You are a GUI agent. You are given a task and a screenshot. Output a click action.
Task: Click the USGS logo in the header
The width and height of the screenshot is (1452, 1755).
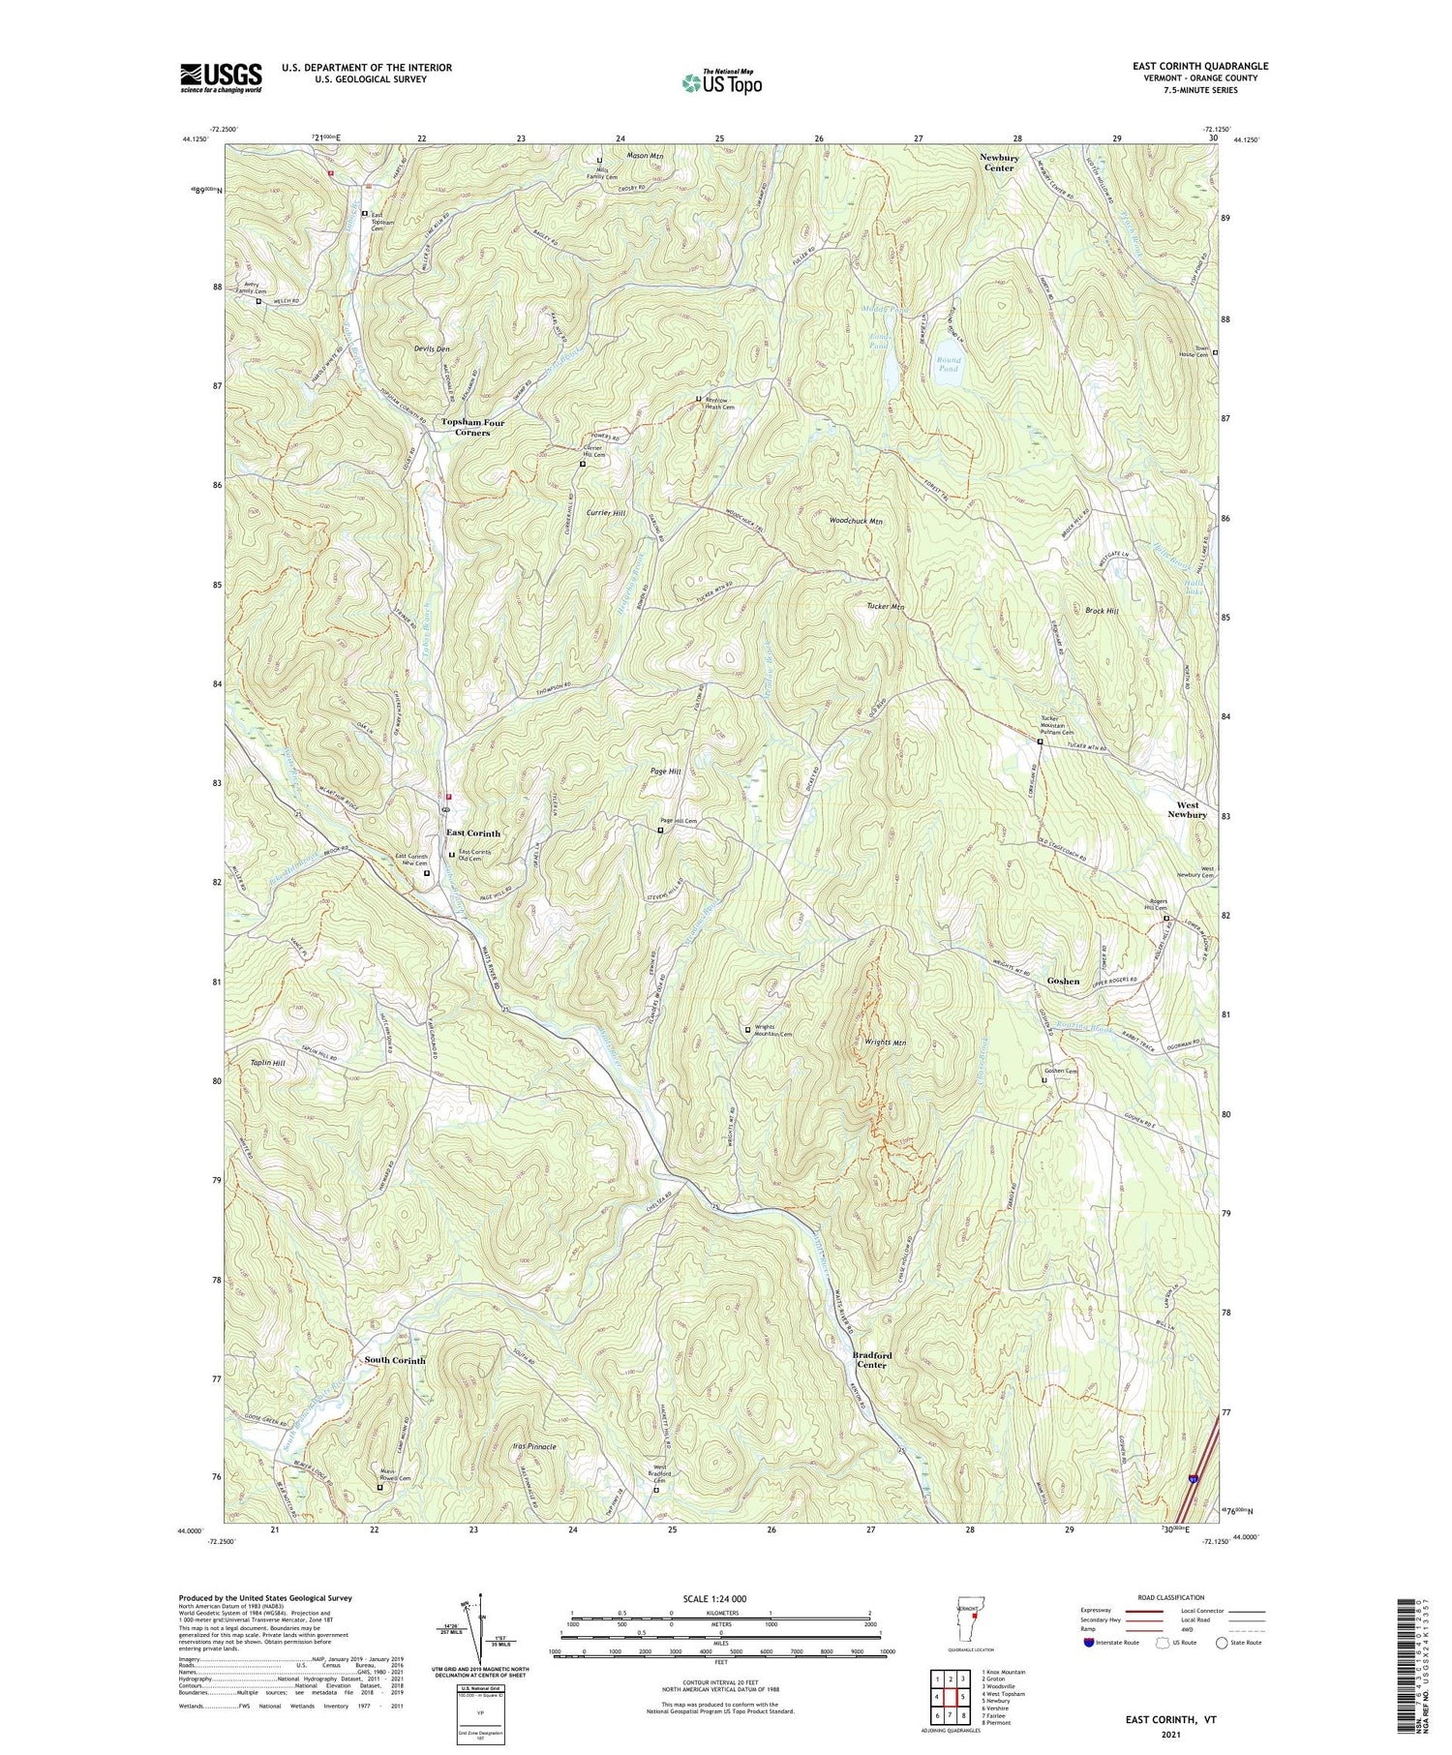(x=221, y=77)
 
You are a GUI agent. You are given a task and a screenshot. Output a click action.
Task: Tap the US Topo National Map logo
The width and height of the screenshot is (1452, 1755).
(x=722, y=82)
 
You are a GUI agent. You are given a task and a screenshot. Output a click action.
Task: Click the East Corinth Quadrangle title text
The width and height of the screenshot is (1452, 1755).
(x=1187, y=66)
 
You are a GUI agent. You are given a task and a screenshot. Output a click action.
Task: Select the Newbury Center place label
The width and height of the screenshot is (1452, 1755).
(x=998, y=162)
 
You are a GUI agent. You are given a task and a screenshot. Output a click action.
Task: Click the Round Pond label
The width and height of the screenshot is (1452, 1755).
(x=948, y=364)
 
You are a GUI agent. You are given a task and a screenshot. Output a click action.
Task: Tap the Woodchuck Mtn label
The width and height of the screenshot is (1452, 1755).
(x=856, y=521)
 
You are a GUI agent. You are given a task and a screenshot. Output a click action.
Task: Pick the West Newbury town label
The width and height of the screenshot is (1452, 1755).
(x=1187, y=809)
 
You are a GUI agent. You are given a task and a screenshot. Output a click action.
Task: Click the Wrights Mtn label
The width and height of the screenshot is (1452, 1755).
(x=885, y=1043)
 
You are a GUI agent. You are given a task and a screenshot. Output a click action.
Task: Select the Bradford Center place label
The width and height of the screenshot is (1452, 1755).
(x=872, y=1360)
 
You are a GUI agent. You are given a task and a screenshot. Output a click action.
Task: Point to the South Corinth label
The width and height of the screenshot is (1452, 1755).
(x=395, y=1360)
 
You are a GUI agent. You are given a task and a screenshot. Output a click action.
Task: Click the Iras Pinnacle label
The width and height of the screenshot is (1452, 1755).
(x=533, y=1446)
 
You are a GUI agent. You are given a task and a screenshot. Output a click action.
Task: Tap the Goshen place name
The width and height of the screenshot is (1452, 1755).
(x=1063, y=981)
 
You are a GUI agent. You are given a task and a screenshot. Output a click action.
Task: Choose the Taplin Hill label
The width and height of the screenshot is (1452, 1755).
(x=266, y=1063)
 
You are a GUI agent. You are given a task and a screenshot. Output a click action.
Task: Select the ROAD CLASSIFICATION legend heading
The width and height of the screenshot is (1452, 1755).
(x=1171, y=1597)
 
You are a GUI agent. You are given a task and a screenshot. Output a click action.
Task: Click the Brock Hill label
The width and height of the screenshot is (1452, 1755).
(x=1102, y=611)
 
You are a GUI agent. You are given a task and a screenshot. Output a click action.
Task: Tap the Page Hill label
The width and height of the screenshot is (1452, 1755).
(x=666, y=772)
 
